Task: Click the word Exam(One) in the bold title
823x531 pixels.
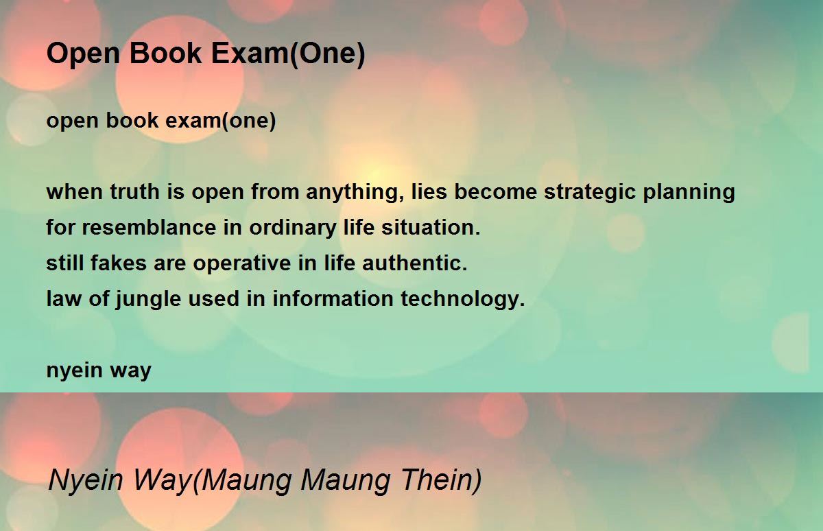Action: coord(289,54)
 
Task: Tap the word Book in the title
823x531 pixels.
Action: coord(165,54)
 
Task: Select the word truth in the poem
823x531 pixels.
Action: coord(134,191)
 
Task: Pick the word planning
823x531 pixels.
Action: coord(689,193)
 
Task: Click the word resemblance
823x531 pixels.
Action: coord(149,227)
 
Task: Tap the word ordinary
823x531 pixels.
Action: coord(293,228)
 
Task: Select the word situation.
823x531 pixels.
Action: coord(431,227)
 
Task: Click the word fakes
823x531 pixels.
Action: coord(119,263)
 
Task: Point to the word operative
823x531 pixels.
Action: coord(241,264)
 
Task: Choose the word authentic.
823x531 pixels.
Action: coord(415,263)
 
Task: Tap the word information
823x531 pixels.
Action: coord(333,298)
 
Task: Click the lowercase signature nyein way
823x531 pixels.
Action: coord(99,370)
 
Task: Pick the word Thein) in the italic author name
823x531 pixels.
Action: coord(441,480)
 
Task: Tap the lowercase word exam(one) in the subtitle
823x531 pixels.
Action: coord(220,121)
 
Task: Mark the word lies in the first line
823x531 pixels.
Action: coord(429,191)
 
